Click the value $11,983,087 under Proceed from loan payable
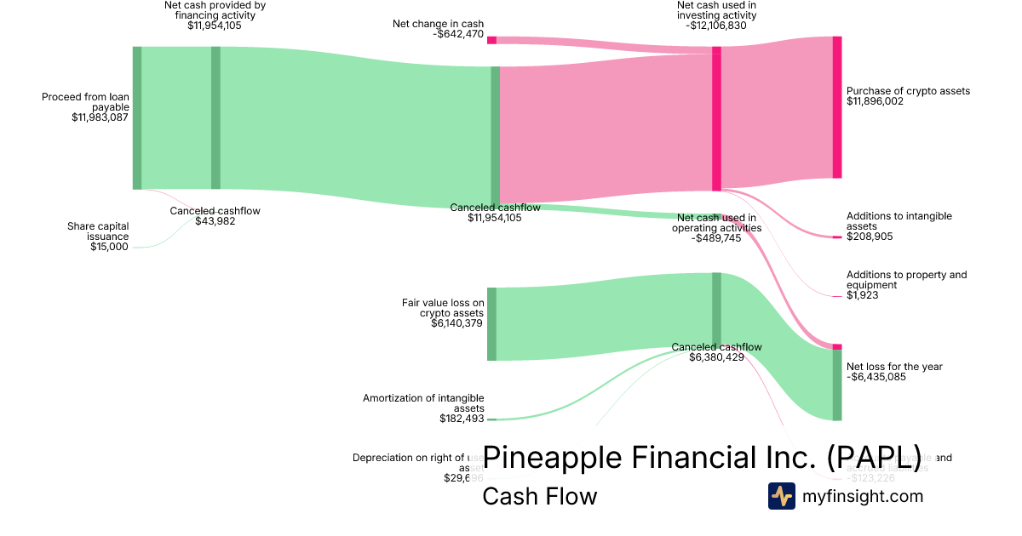click(x=100, y=118)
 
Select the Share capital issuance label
click(x=98, y=231)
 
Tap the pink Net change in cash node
click(x=491, y=40)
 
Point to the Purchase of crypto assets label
click(x=908, y=91)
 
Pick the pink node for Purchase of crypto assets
click(x=837, y=107)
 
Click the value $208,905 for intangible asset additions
click(x=870, y=237)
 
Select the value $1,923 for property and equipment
click(x=862, y=295)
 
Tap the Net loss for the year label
click(x=894, y=367)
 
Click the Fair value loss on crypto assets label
click(x=443, y=307)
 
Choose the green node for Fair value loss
click(x=491, y=324)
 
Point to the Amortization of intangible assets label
click(x=423, y=402)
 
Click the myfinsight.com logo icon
click(x=781, y=496)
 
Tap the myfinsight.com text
click(x=863, y=496)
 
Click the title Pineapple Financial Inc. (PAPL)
click(x=702, y=457)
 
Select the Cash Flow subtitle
click(x=540, y=496)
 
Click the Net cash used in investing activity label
click(x=715, y=10)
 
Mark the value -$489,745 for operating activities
click(x=716, y=238)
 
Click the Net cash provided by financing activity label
click(x=215, y=10)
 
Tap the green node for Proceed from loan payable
click(x=137, y=117)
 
